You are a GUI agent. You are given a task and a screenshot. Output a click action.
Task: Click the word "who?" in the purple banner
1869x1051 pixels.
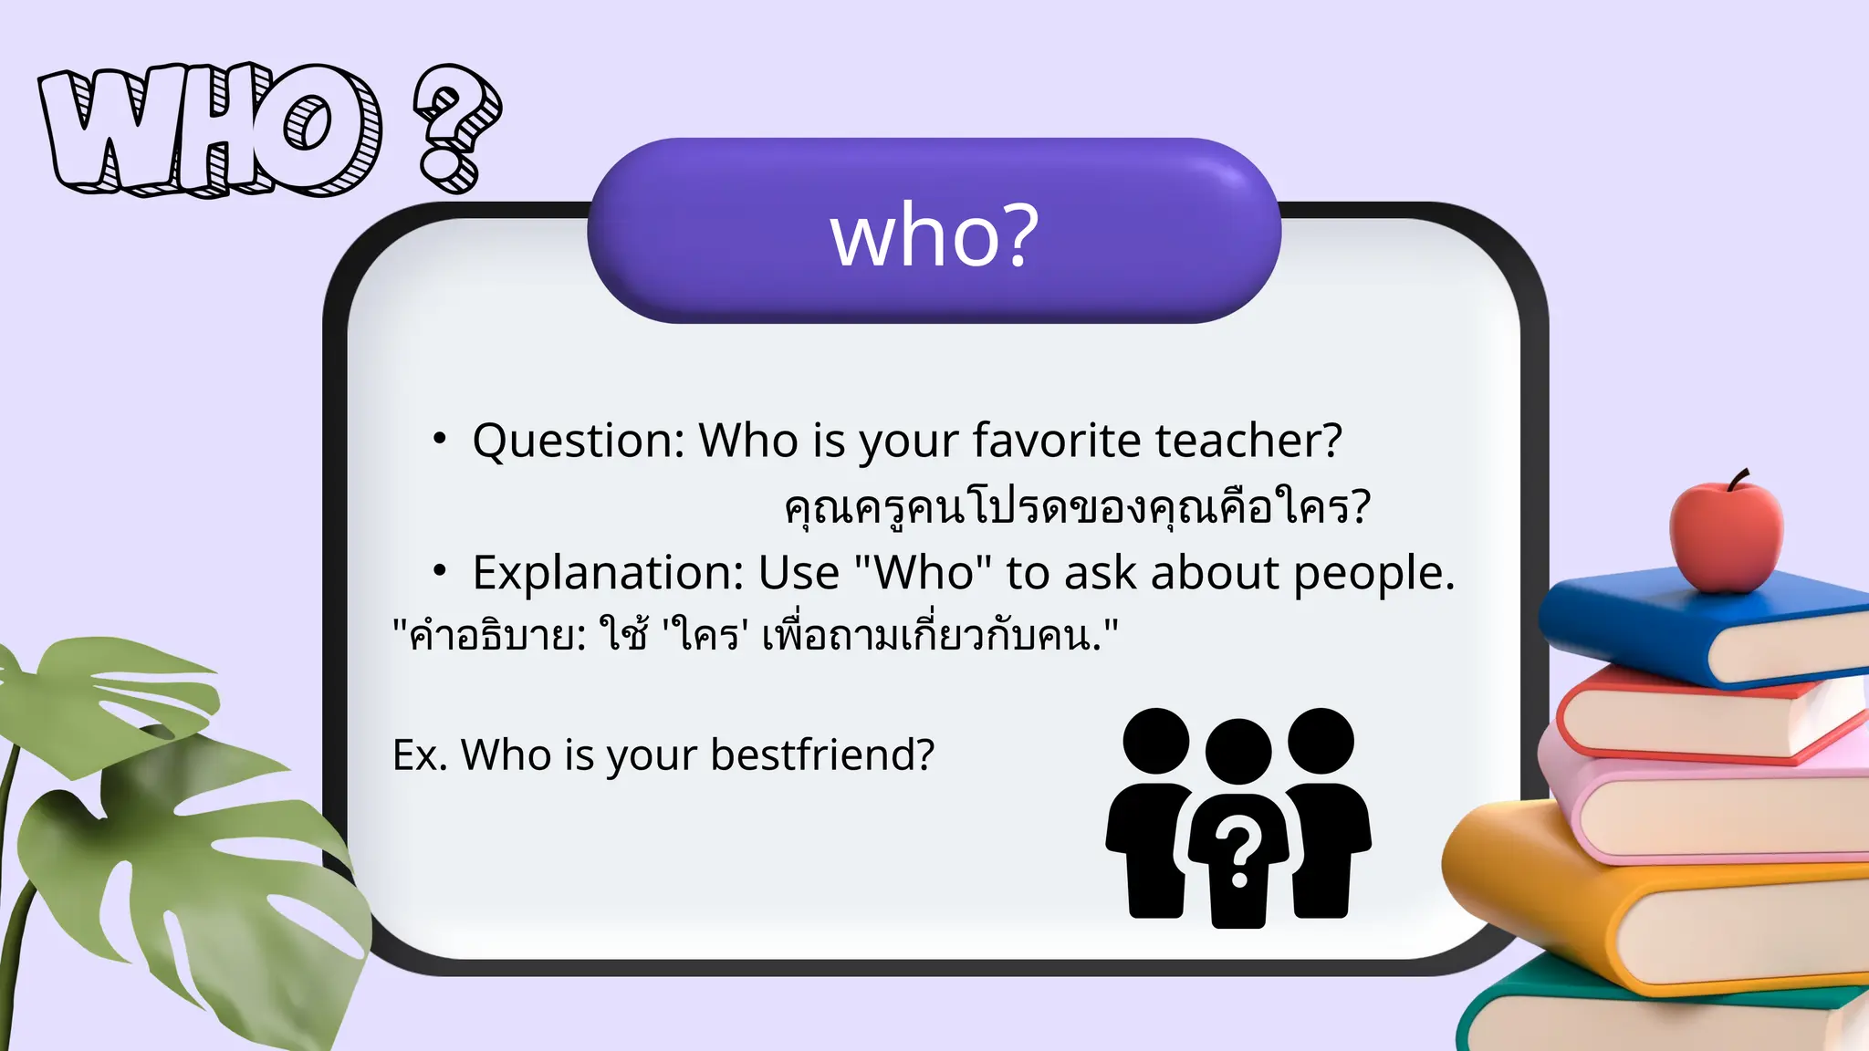click(x=934, y=235)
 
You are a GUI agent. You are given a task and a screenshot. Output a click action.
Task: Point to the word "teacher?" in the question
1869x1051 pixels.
click(x=1248, y=441)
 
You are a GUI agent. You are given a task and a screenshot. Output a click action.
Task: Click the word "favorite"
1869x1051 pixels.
click(x=1056, y=441)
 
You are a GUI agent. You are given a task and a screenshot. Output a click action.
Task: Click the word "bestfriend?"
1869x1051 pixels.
click(x=822, y=755)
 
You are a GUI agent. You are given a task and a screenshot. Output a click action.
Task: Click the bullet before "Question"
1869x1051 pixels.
click(x=440, y=439)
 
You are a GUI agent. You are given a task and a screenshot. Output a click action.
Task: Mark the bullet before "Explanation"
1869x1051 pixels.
click(x=440, y=571)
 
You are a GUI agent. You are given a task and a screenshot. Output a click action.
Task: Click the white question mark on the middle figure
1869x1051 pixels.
click(x=1238, y=854)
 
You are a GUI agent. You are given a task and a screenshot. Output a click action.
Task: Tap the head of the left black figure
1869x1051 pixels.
click(x=1156, y=741)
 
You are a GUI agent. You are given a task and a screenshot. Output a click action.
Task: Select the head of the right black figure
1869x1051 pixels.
click(x=1321, y=741)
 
